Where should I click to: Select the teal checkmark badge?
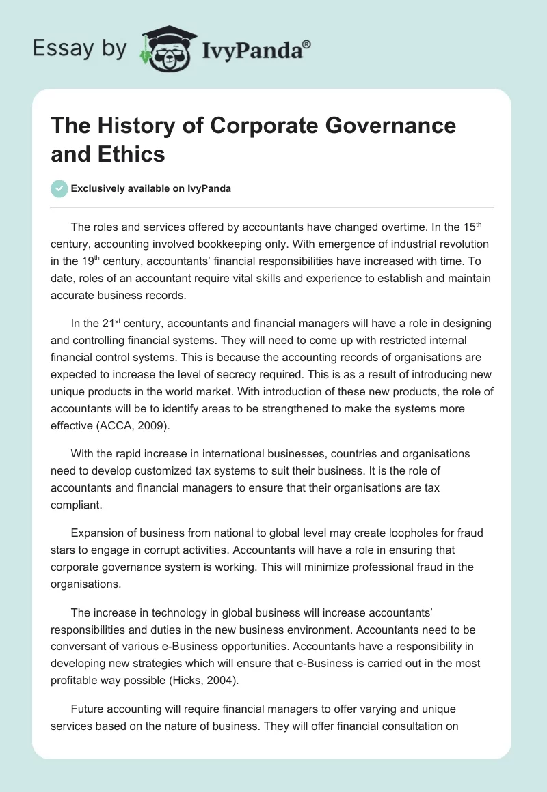pyautogui.click(x=59, y=188)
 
